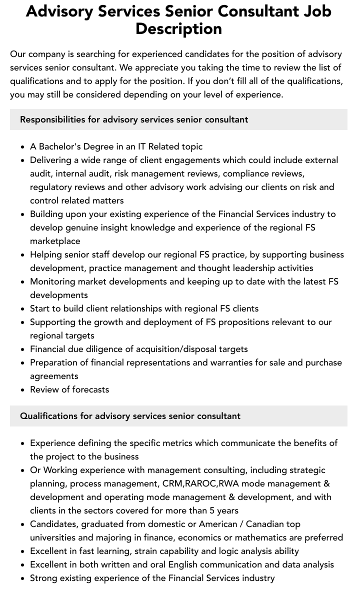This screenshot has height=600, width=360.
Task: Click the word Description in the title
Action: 178,28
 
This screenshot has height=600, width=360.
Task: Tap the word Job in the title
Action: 314,10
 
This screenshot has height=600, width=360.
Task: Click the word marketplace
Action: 55,241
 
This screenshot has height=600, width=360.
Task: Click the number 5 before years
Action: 212,510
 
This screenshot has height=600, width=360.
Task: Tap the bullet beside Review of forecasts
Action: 23,390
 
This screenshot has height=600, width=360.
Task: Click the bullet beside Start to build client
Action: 23,309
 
